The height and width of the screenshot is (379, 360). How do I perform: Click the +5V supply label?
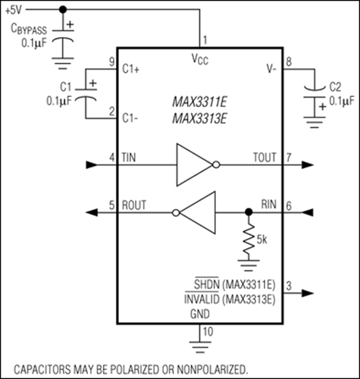[14, 9]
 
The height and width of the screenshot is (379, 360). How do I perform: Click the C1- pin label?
[131, 117]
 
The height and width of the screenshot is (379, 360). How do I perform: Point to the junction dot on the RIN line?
[247, 213]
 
